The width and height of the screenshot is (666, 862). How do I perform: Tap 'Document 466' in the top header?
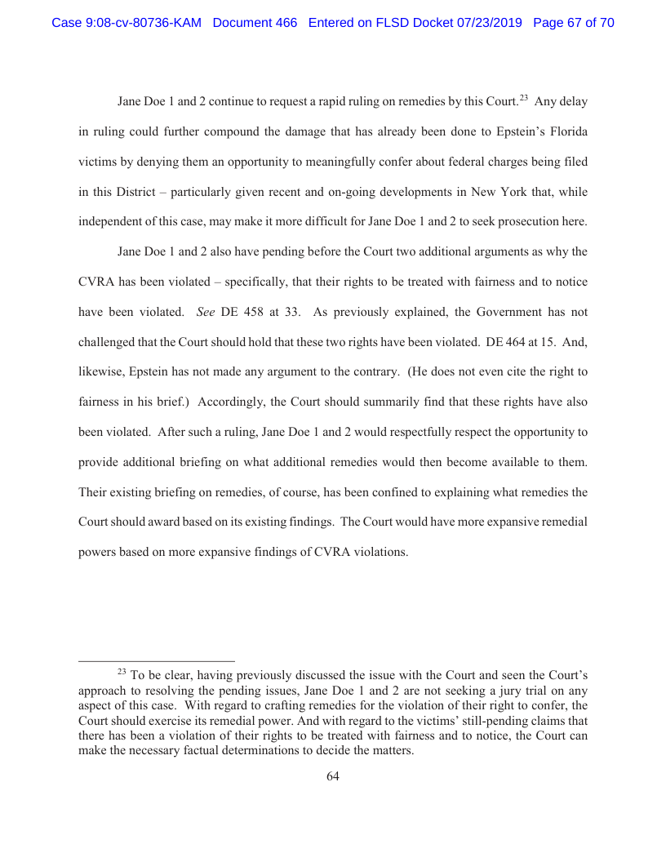click(255, 23)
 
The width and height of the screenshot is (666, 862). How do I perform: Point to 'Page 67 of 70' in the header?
click(573, 23)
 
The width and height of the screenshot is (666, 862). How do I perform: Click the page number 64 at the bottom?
click(333, 776)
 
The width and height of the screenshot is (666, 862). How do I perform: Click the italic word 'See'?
click(206, 311)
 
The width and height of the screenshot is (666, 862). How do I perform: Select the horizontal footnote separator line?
click(157, 660)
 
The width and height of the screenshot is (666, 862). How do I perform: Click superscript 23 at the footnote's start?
click(122, 672)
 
